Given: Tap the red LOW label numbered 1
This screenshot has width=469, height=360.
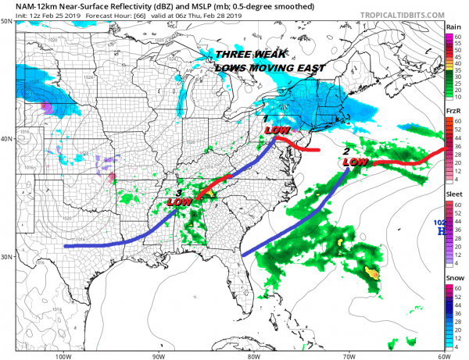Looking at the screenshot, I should coord(278,130).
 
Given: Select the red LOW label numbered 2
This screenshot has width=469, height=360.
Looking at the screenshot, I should coord(356,161).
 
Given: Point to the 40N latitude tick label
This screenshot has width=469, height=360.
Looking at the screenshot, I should coord(6,139).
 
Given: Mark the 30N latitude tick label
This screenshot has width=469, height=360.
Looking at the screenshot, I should coord(6,257).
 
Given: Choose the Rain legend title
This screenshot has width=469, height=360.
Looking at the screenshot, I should coord(452,27).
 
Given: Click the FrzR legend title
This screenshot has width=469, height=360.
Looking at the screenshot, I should coord(452,112).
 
